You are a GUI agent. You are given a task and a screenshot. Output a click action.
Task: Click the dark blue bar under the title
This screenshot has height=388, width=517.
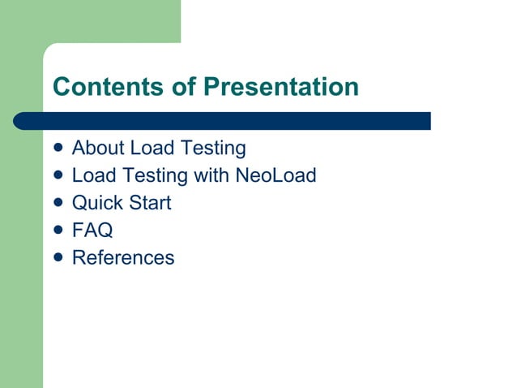(x=223, y=121)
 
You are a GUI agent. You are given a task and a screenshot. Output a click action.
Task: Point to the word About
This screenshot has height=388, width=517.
(x=98, y=149)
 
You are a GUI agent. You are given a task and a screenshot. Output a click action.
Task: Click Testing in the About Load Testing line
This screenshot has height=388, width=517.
(x=212, y=149)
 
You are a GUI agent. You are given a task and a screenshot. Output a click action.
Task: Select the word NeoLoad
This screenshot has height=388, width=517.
(x=276, y=175)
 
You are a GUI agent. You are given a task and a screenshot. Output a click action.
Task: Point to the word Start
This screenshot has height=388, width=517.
(x=150, y=203)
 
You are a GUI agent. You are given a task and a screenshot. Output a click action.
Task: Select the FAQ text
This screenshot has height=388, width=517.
(x=92, y=231)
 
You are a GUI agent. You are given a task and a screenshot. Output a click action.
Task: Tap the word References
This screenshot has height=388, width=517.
(x=123, y=258)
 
